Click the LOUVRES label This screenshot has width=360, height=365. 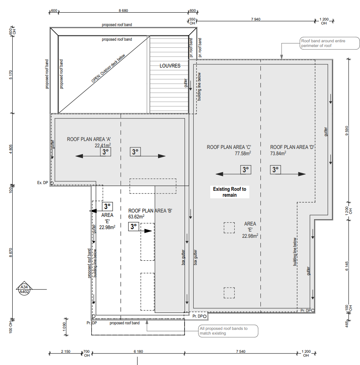pyautogui.click(x=170, y=66)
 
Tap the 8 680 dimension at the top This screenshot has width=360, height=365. pyautogui.click(x=123, y=11)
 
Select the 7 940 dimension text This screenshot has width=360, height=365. pyautogui.click(x=256, y=19)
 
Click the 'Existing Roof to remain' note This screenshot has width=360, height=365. pyautogui.click(x=230, y=192)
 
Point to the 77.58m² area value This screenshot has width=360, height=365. pyautogui.click(x=243, y=153)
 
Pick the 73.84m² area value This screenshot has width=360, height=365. pyautogui.click(x=278, y=153)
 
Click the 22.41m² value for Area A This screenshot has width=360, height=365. pyautogui.click(x=103, y=145)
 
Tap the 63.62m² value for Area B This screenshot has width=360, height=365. pyautogui.click(x=136, y=217)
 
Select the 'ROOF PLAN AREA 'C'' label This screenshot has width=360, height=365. pyautogui.click(x=229, y=147)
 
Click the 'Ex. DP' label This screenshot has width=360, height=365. pyautogui.click(x=43, y=183)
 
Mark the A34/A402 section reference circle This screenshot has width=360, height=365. pyautogui.click(x=24, y=289)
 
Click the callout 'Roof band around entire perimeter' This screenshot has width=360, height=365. pyautogui.click(x=330, y=43)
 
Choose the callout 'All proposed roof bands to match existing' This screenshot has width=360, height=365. pyautogui.click(x=228, y=331)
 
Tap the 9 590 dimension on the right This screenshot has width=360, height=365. pyautogui.click(x=347, y=131)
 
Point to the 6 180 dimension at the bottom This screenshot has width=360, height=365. pyautogui.click(x=138, y=352)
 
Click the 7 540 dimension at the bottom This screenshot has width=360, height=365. pyautogui.click(x=241, y=352)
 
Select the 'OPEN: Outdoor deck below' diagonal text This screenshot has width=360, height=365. pyautogui.click(x=108, y=68)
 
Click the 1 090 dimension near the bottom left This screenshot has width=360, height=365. pyautogui.click(x=64, y=327)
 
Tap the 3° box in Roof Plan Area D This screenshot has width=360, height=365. pyautogui.click(x=275, y=170)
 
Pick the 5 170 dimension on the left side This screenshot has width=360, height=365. pyautogui.click(x=11, y=75)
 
